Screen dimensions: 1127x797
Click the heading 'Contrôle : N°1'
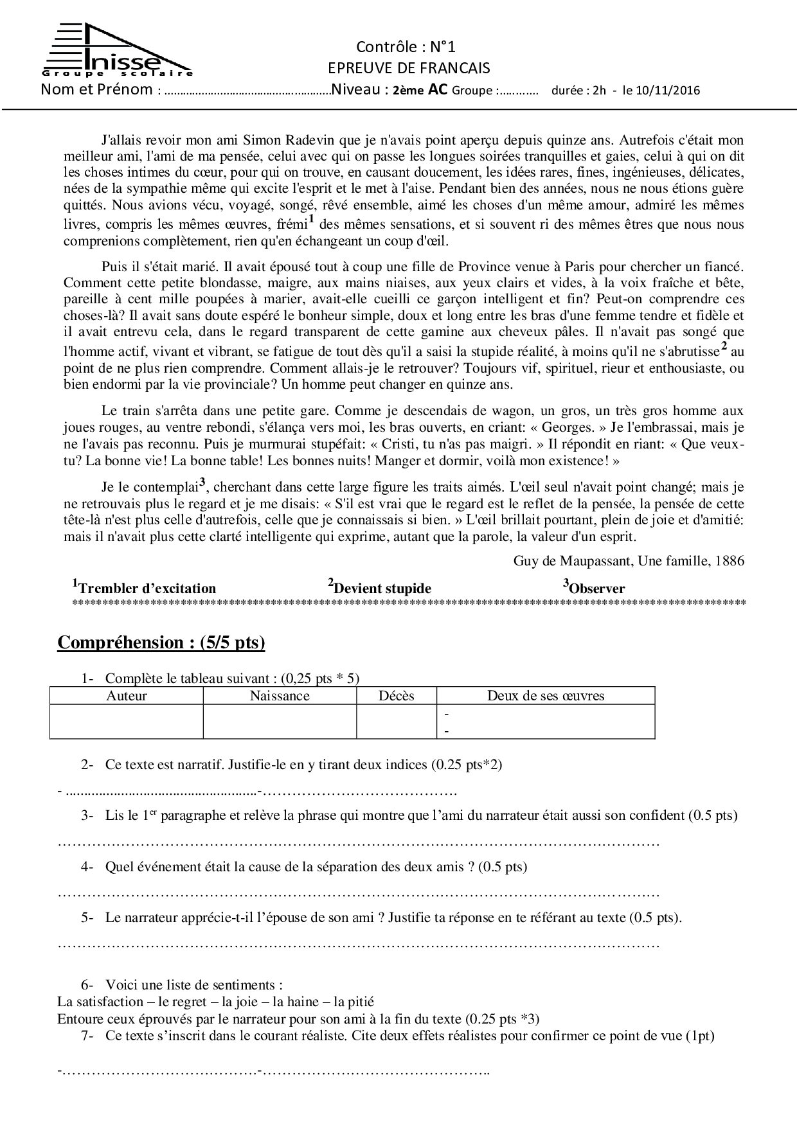click(x=406, y=47)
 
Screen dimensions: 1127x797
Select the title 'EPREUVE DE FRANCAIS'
click(x=408, y=68)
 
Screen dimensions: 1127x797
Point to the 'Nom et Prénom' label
click(x=96, y=89)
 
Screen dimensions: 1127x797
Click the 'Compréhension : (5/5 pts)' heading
click(x=161, y=643)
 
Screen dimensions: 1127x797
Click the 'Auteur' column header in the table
click(x=127, y=696)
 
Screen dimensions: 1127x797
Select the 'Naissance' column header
click(x=280, y=696)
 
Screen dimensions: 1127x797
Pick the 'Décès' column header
click(x=397, y=696)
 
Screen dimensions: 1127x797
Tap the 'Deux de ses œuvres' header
click(x=546, y=696)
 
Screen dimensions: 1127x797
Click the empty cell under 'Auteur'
click(x=127, y=722)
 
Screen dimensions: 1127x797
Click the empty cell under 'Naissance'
click(x=280, y=722)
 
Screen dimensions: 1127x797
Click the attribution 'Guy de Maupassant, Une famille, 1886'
click(x=629, y=561)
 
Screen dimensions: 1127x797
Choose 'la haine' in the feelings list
click(x=297, y=1001)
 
